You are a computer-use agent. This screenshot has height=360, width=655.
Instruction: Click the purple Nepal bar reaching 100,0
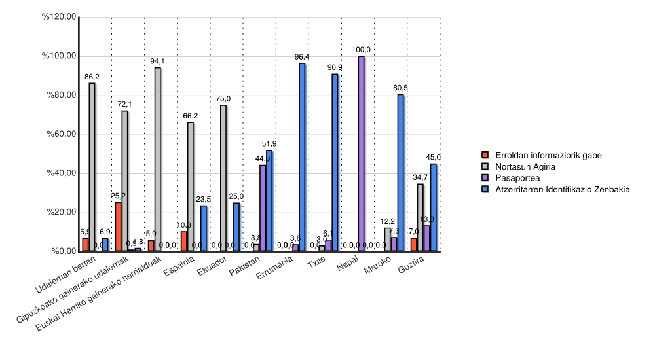(361, 154)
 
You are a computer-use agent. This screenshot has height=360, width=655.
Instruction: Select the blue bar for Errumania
(302, 157)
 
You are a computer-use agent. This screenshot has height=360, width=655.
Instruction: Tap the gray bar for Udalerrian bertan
(92, 167)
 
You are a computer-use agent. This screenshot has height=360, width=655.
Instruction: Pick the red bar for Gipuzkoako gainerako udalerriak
(118, 226)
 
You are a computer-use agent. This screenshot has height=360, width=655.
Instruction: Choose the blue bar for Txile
(335, 162)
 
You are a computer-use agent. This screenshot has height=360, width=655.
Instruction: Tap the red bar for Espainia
(184, 242)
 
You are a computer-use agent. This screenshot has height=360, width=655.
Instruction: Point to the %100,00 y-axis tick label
(60, 56)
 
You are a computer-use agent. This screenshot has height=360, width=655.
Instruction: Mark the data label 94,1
(157, 62)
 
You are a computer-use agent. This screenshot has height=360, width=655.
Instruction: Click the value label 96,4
(302, 57)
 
